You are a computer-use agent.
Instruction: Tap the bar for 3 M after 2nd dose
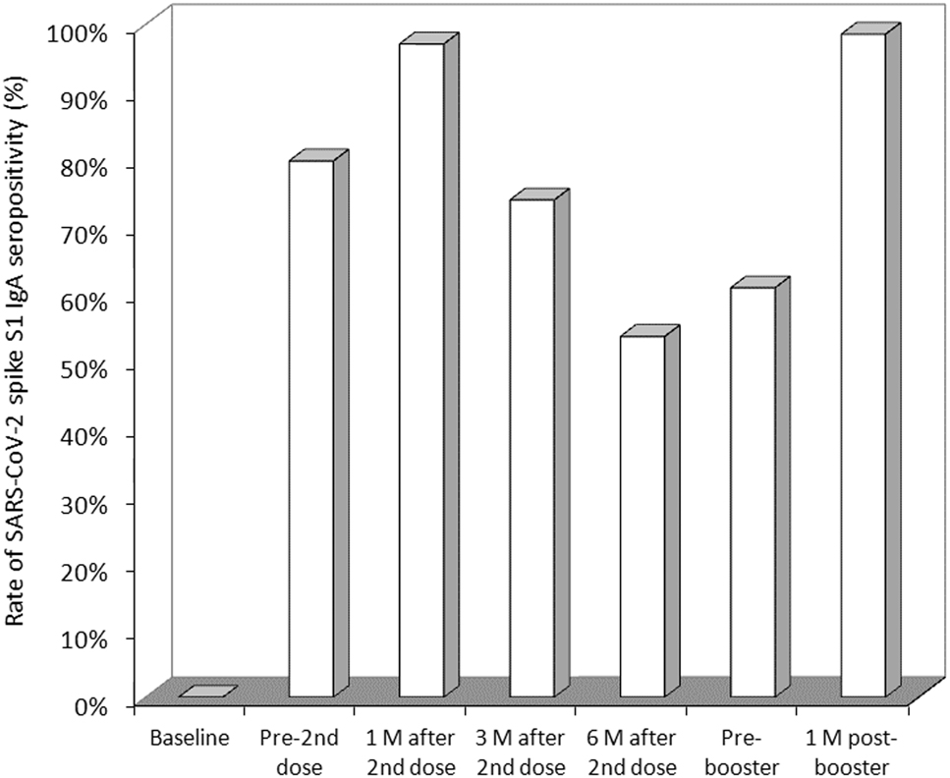click(x=531, y=447)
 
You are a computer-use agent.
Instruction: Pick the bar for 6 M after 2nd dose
click(x=642, y=516)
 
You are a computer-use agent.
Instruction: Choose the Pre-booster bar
click(x=753, y=491)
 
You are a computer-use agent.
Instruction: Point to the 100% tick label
click(x=80, y=32)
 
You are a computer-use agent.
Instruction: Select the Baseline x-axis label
click(x=190, y=737)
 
